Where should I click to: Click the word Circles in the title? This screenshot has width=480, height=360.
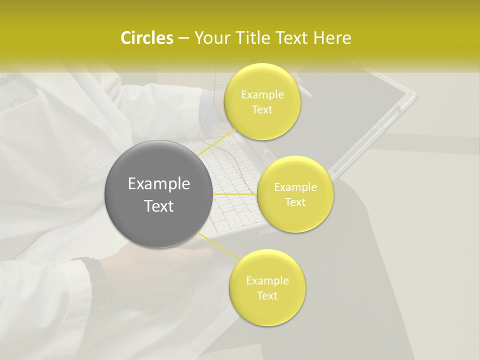[x=146, y=38]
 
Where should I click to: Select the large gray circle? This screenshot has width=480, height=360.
[x=158, y=194]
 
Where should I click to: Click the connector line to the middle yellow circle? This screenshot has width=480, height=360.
[x=235, y=194]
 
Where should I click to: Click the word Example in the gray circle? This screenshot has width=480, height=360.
[x=158, y=184]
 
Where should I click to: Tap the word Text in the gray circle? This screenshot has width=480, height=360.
[x=158, y=206]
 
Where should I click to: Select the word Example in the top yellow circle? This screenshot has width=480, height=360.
[x=262, y=95]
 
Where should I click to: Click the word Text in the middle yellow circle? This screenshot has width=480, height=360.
[x=295, y=202]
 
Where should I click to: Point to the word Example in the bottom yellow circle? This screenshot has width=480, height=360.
[x=267, y=281]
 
